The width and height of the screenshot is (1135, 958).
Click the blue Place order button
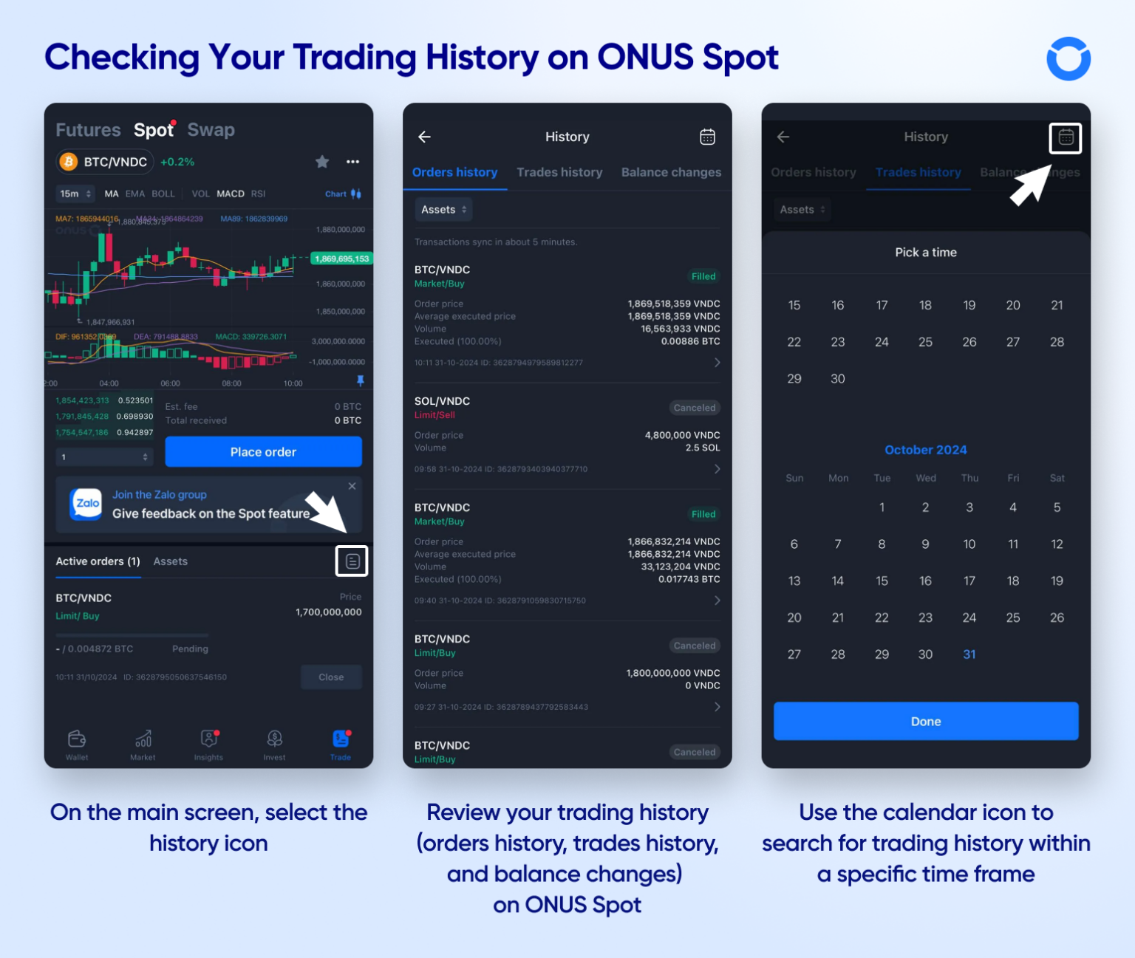point(263,451)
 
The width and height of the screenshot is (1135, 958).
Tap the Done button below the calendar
point(925,721)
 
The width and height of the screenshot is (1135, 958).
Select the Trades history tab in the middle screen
point(559,172)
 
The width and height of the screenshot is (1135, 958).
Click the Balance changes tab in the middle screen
point(671,172)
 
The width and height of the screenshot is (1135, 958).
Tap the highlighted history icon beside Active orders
point(352,561)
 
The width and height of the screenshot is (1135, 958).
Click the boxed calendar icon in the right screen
point(1065,138)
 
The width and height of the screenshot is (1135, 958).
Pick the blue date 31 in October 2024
point(969,654)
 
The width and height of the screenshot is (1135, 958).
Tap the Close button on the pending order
point(331,677)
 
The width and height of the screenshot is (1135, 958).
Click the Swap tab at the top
point(211,130)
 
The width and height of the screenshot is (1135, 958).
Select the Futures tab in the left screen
point(88,130)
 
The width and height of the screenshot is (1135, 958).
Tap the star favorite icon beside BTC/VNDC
point(322,162)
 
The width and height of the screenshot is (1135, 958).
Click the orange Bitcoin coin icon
point(69,162)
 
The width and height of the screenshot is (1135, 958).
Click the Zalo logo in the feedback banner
point(86,504)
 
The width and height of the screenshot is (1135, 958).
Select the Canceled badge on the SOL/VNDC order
point(694,408)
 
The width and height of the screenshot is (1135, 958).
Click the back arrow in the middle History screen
point(424,137)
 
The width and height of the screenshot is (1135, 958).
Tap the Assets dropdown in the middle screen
point(443,210)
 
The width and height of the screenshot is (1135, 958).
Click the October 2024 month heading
point(925,450)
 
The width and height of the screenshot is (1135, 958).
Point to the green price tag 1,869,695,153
point(341,259)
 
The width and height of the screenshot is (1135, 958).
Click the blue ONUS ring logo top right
point(1068,59)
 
